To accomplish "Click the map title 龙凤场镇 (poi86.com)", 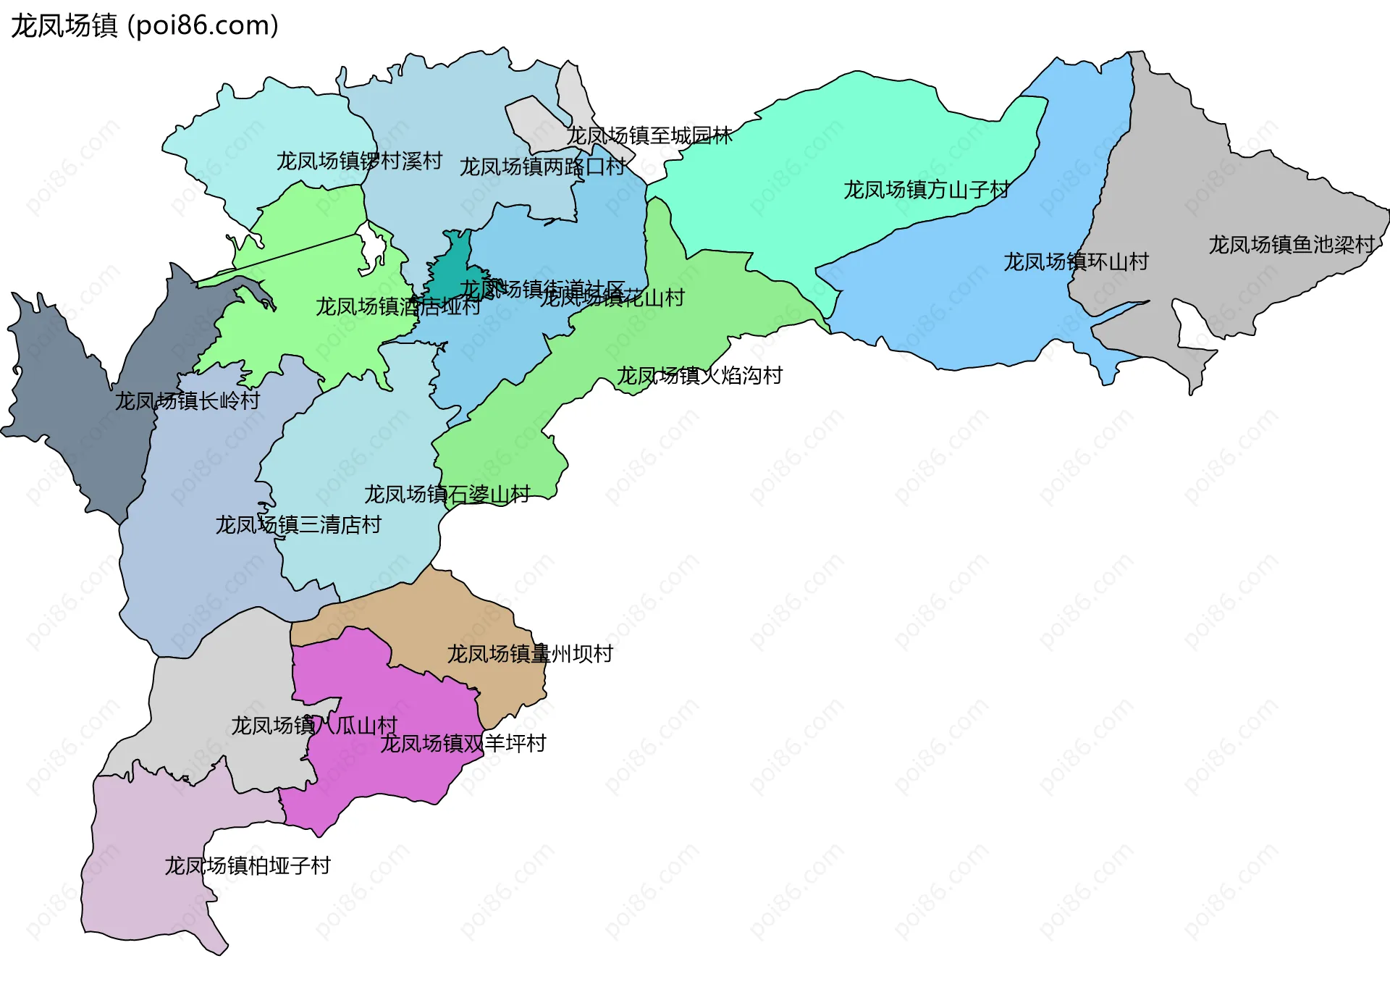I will (x=145, y=26).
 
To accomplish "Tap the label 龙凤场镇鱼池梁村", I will (x=1291, y=245).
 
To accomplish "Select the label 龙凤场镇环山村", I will (x=1076, y=261).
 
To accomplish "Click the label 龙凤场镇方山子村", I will (x=927, y=190).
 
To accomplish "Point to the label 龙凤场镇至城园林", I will (x=649, y=135).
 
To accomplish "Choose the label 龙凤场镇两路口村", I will (x=542, y=167).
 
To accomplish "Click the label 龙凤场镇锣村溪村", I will (x=359, y=161).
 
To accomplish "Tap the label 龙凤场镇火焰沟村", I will (x=699, y=375).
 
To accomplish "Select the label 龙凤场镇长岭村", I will (x=188, y=400).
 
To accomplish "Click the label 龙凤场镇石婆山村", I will (x=447, y=495).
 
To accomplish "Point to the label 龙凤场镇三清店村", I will (x=298, y=524).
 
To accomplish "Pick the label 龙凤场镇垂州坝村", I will (x=530, y=654).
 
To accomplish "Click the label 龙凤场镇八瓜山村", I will (x=314, y=725).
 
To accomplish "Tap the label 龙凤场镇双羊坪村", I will (x=463, y=743).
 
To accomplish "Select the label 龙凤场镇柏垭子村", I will (x=248, y=865).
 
